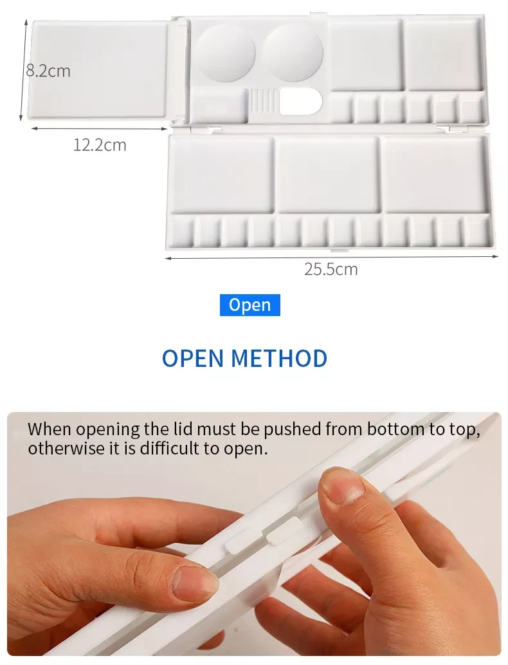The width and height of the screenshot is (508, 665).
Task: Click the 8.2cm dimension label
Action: pyautogui.click(x=48, y=71)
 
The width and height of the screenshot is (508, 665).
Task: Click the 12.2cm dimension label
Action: pyautogui.click(x=100, y=145)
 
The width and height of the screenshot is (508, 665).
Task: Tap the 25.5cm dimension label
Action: pyautogui.click(x=331, y=269)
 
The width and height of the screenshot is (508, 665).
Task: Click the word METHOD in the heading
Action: pyautogui.click(x=280, y=359)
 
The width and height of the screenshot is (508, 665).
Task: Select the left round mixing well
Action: pyautogui.click(x=226, y=53)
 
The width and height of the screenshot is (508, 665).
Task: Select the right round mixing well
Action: pyautogui.click(x=293, y=52)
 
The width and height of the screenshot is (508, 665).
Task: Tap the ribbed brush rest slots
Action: pyautogui.click(x=263, y=101)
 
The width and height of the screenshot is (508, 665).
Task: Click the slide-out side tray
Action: pyautogui.click(x=100, y=70)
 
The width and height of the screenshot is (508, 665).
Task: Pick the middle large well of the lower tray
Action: pyautogui.click(x=328, y=174)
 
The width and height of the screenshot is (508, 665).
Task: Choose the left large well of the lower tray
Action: pyautogui.click(x=222, y=174)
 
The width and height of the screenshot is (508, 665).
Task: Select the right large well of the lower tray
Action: pyautogui.click(x=435, y=174)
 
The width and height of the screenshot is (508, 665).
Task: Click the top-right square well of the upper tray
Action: pyautogui.click(x=445, y=54)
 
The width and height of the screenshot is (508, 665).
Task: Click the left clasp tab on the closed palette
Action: pyautogui.click(x=240, y=539)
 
